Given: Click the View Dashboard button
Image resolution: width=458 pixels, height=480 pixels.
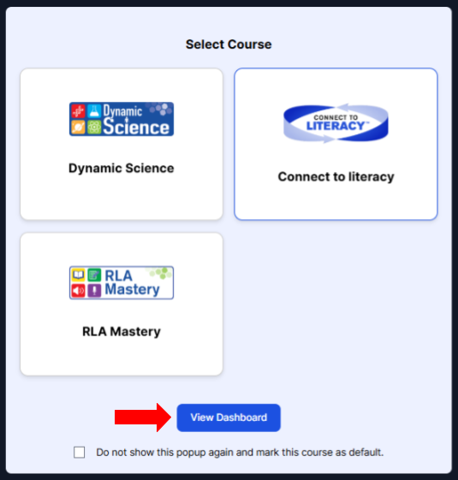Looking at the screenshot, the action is coord(229,418).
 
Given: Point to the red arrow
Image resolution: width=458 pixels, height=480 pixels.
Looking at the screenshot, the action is coord(143,418).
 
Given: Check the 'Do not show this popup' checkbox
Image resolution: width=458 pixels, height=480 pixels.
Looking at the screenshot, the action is coord(80,452).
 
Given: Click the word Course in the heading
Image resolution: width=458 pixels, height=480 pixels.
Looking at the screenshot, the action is coord(250,44).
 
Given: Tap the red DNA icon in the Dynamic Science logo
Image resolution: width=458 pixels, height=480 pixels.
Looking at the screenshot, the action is coord(79,111).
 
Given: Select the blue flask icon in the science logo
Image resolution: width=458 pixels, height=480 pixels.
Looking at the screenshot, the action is coord(94,111).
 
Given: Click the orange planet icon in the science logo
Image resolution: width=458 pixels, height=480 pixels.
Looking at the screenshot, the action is coord(79,127).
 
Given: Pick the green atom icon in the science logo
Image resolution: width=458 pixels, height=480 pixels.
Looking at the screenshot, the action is coord(94,127).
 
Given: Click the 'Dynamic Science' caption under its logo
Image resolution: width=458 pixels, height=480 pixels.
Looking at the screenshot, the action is coord(122,168).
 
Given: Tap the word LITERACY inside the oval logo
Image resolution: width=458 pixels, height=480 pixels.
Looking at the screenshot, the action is coord(336,126).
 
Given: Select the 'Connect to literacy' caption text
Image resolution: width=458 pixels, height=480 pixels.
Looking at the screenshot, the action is coord(336,177).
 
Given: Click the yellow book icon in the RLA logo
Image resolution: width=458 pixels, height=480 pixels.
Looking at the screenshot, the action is coord(79,275).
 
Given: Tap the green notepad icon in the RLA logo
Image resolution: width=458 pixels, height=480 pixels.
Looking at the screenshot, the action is coord(94,275).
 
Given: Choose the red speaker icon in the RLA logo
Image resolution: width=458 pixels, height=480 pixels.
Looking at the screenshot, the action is coord(79,291).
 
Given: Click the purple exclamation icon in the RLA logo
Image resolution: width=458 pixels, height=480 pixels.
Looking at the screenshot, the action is coord(94,291).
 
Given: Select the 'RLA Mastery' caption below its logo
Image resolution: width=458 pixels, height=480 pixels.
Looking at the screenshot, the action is coord(122,331).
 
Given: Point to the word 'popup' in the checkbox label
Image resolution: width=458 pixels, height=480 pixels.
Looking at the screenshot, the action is coord(191,453).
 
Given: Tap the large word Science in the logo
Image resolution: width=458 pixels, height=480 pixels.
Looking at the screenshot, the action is coord(136,127).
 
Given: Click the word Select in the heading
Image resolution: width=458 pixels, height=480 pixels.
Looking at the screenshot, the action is coord(205,44).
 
